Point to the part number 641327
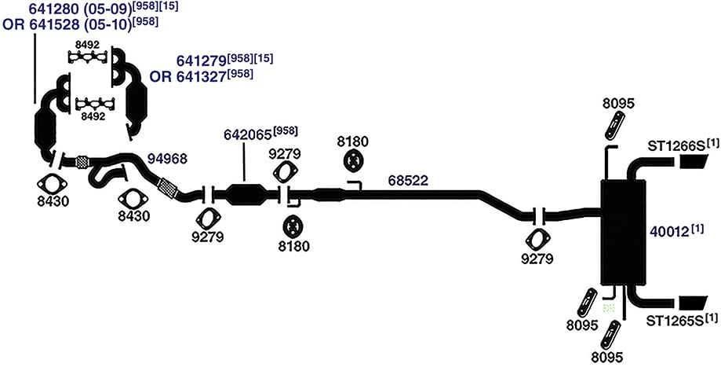tap(200, 76)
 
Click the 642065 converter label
tap(248, 134)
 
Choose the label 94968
tap(167, 159)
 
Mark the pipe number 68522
tap(408, 180)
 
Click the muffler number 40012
tap(669, 232)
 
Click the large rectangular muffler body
tap(623, 233)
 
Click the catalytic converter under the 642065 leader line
tap(247, 194)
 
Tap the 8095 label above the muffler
tap(618, 104)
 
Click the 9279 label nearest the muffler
tap(537, 259)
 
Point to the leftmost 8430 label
tap(53, 201)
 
